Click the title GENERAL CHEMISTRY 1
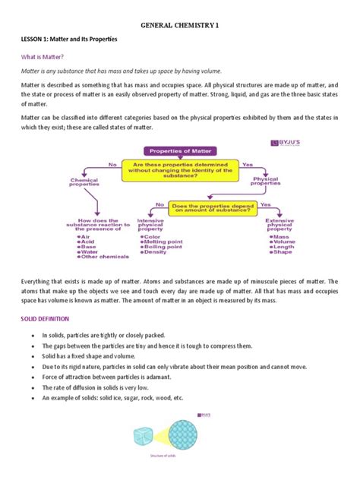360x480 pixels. tap(180, 25)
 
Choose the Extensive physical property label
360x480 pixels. tap(281, 226)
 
